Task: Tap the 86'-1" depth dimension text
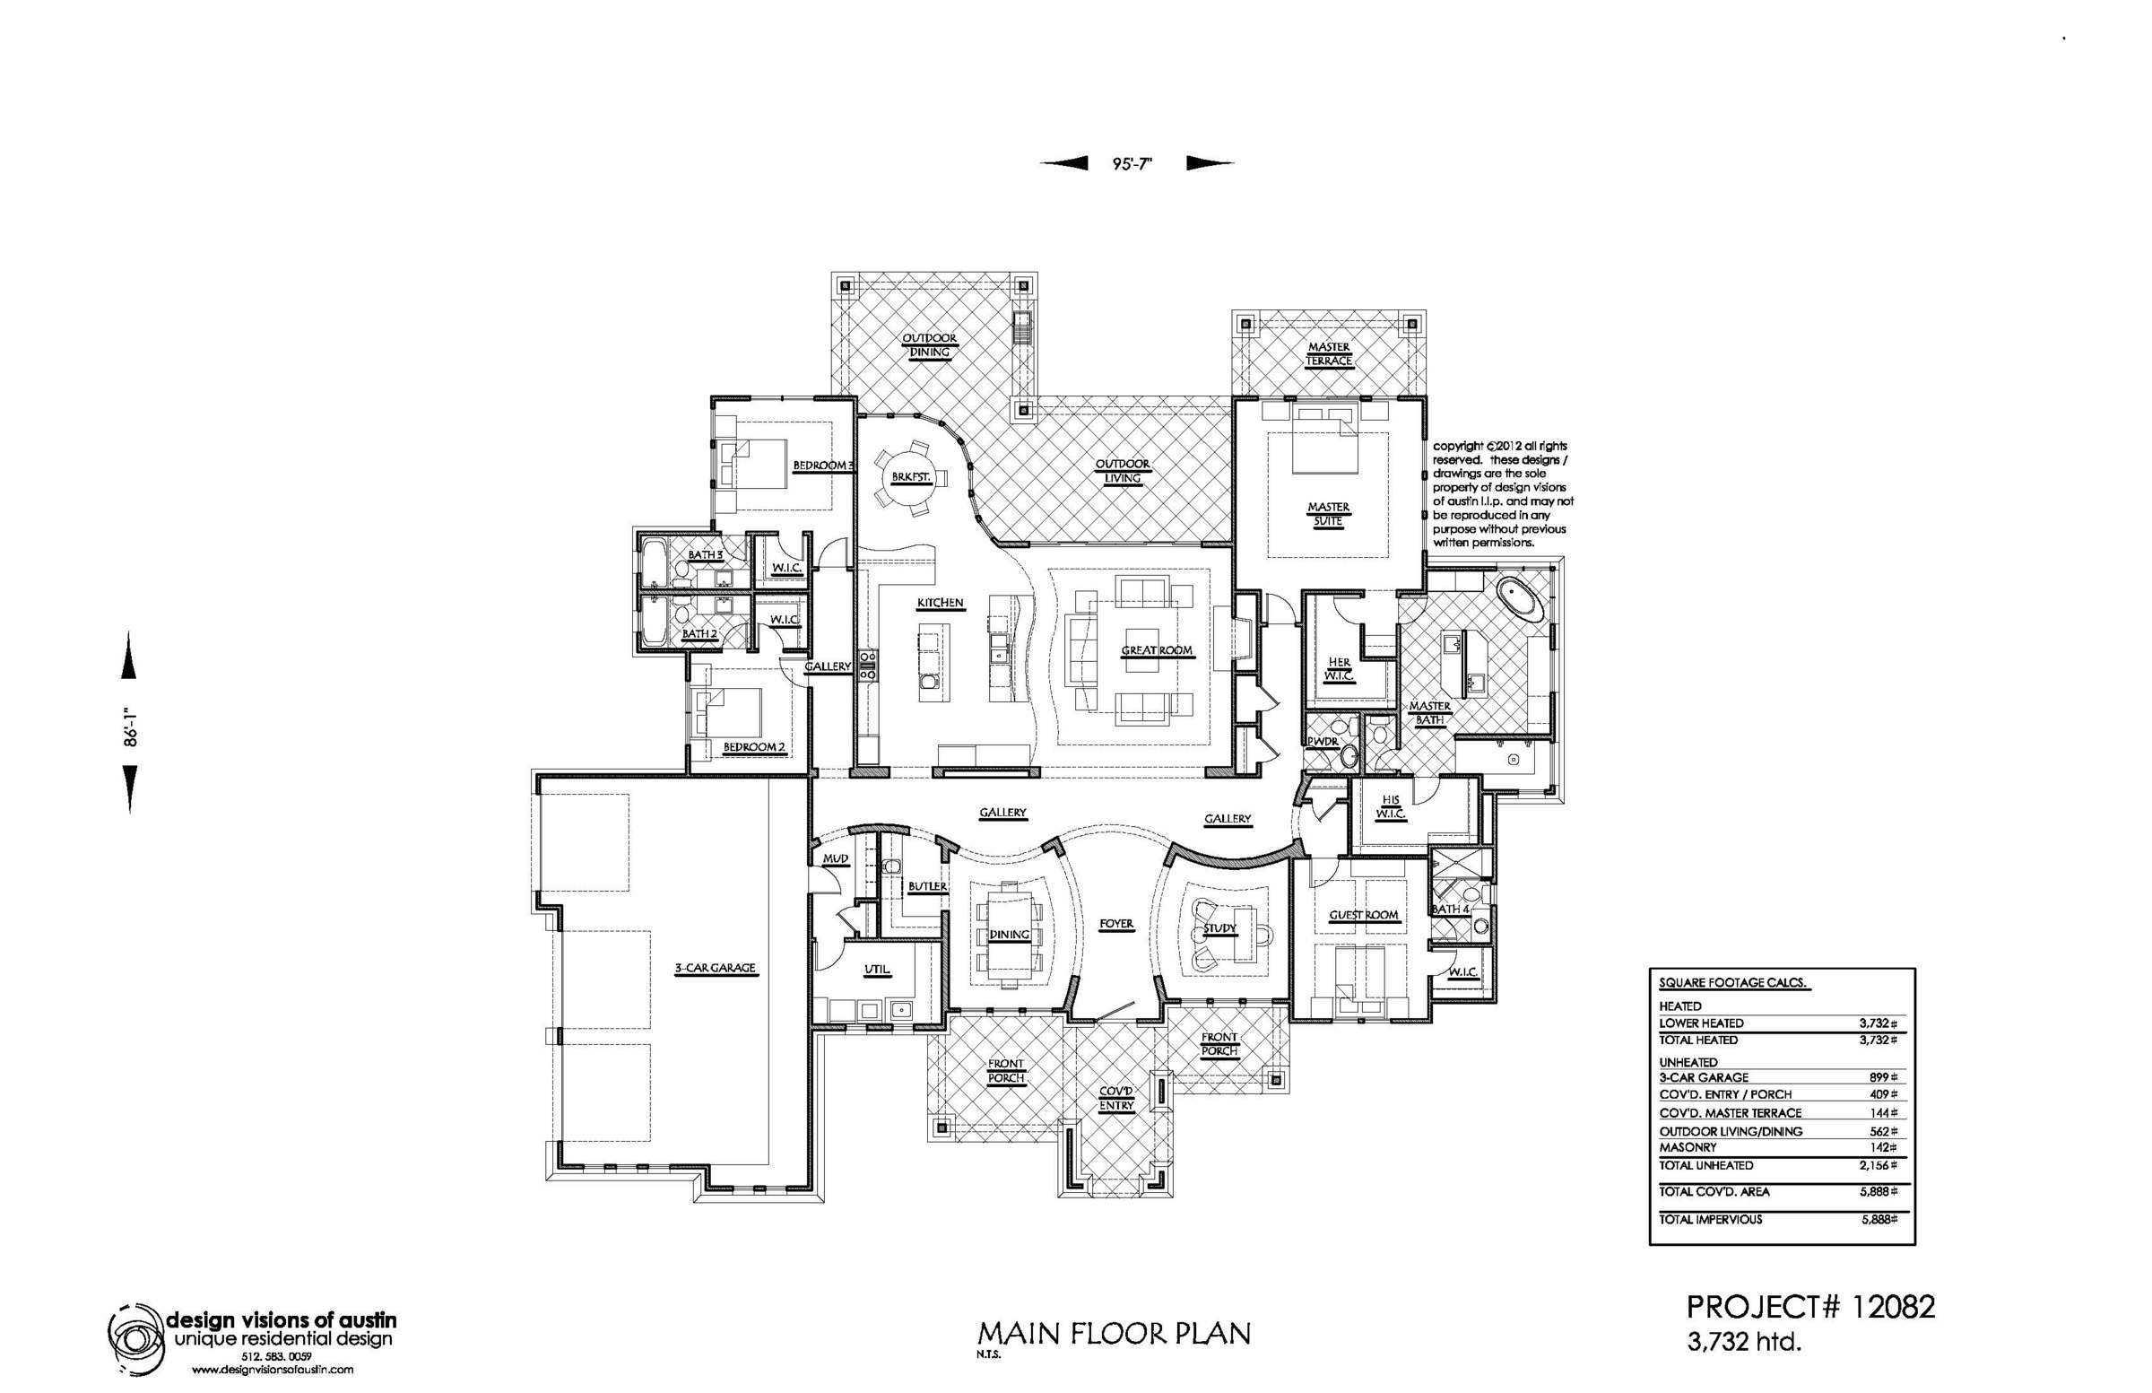132,726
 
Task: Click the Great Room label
1157,650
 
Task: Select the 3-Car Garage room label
715,968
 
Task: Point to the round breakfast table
910,476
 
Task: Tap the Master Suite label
1327,514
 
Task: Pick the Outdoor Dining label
930,345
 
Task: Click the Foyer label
1116,924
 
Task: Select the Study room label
1219,929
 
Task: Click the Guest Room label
1364,916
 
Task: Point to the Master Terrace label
1329,353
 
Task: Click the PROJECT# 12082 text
1810,1307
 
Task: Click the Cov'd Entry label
1116,1099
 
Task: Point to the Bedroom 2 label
754,747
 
